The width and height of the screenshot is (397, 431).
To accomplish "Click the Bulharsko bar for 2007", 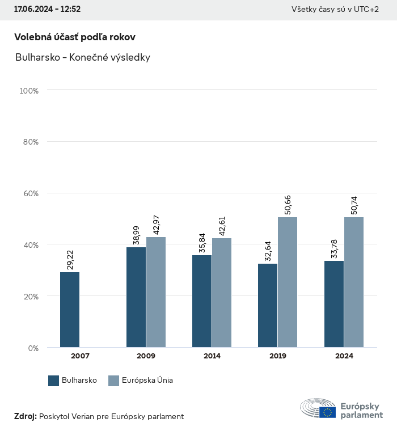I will (x=70, y=310).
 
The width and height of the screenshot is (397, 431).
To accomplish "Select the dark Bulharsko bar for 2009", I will (x=136, y=297).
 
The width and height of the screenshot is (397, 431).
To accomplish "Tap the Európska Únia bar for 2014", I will (x=222, y=293).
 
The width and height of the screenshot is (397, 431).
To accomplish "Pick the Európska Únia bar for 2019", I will (x=288, y=282).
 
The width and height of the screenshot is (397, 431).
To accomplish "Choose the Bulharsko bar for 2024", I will (x=334, y=304).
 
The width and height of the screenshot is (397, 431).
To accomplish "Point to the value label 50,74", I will (x=354, y=205).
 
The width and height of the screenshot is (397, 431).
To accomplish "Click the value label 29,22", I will (x=70, y=259).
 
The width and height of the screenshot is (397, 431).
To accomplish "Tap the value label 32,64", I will (x=268, y=250).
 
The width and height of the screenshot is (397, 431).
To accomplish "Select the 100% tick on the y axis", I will (x=28, y=91).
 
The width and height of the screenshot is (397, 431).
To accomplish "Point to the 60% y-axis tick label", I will (x=30, y=193).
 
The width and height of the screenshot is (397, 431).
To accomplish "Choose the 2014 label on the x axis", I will (x=212, y=356).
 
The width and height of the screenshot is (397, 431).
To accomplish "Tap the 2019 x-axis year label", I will (x=278, y=356).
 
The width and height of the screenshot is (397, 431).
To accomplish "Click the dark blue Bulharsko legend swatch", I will (x=54, y=381).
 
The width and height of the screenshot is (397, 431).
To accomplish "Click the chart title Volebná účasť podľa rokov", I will (x=74, y=37).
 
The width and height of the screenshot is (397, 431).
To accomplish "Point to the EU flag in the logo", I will (x=327, y=412).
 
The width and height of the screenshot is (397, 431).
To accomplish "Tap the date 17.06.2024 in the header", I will (x=33, y=9).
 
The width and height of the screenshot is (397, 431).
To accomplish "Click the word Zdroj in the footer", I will (x=25, y=416).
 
